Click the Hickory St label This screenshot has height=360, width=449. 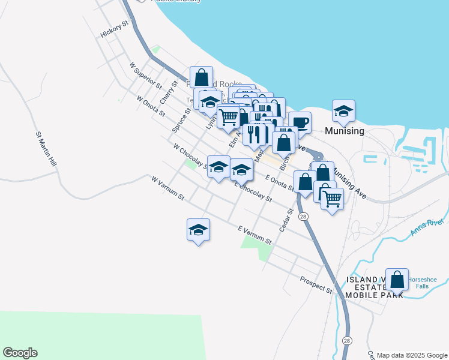coord(115,30)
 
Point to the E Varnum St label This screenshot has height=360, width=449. coord(255,235)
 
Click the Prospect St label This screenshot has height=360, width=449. coord(316,285)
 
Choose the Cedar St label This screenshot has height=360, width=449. coord(285,220)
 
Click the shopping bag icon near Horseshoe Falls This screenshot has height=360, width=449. coord(397,279)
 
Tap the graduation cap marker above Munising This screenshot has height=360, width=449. coord(344,111)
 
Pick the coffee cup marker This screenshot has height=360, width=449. coord(300,123)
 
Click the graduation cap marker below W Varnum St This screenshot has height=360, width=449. coord(199,230)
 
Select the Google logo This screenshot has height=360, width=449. coord(20,353)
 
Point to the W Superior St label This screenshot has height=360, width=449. coord(145,74)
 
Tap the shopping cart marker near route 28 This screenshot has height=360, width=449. coord(332,198)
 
